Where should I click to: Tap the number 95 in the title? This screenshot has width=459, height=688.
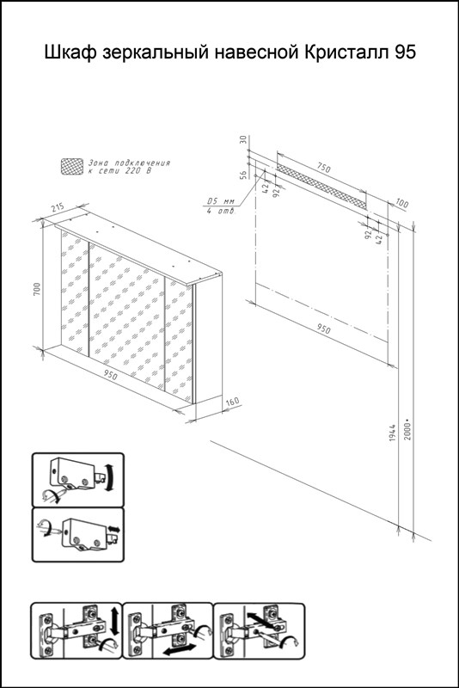(x=405, y=52)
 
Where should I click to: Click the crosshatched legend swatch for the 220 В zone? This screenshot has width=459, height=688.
(x=72, y=167)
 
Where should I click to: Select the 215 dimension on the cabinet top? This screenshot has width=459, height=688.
(x=58, y=206)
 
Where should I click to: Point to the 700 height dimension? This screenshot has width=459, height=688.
(x=37, y=288)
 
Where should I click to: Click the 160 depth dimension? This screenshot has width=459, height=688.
(x=232, y=401)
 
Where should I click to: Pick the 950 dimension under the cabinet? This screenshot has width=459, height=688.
(x=111, y=376)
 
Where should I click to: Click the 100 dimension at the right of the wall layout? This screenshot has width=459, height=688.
(x=401, y=204)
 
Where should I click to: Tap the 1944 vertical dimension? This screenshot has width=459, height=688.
(x=393, y=433)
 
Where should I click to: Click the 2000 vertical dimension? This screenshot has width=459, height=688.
(x=408, y=432)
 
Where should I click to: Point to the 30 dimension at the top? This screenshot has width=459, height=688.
(x=243, y=140)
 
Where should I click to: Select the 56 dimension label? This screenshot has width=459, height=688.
(x=243, y=175)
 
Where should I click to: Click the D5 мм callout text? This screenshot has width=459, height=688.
(x=221, y=201)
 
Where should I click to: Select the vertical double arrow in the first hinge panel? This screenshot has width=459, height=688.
(x=114, y=620)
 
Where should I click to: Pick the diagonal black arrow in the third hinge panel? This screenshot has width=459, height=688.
(x=260, y=621)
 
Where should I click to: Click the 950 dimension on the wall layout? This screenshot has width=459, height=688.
(x=323, y=329)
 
